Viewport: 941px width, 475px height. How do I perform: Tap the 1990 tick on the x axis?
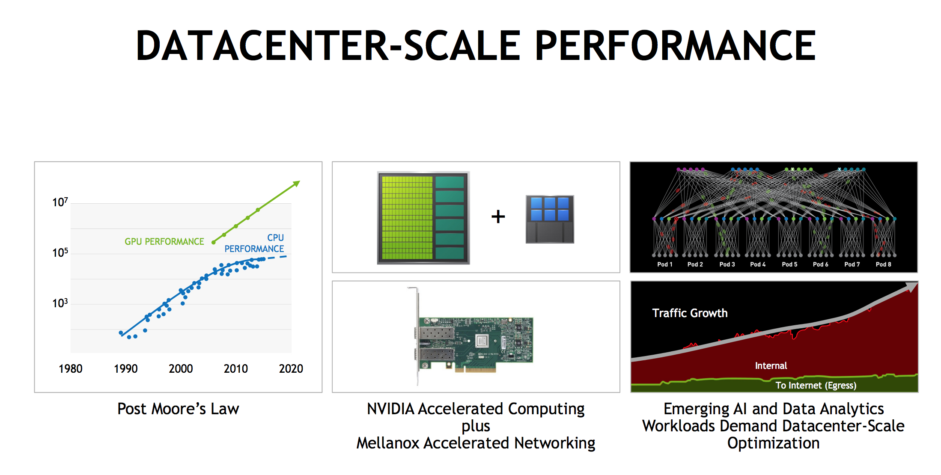coord(126,369)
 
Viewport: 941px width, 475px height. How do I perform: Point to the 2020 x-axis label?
coord(291,369)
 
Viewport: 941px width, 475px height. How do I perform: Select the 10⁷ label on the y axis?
coord(60,202)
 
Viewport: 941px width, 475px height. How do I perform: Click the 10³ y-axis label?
coord(60,303)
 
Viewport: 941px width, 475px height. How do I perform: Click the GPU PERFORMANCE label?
coord(164,242)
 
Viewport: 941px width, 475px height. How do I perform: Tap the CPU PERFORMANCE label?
coord(254,243)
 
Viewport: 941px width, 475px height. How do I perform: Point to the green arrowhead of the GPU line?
coord(296,184)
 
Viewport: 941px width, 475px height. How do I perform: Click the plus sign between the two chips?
coord(498,217)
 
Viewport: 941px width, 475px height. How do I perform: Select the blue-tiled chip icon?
coord(550,220)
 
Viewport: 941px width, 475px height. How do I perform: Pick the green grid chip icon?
coord(423,218)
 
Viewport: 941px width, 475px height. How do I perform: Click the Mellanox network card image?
coord(471,336)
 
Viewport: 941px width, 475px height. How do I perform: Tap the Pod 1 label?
coord(665,264)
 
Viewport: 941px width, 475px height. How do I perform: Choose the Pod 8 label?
coord(883,264)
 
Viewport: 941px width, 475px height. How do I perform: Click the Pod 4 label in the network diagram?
coord(758,264)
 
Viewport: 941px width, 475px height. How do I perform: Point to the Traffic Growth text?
coord(690,313)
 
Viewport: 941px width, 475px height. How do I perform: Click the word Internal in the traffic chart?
coord(771,366)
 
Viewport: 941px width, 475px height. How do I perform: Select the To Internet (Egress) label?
coord(816,386)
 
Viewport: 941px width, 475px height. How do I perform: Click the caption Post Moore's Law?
coord(178,409)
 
